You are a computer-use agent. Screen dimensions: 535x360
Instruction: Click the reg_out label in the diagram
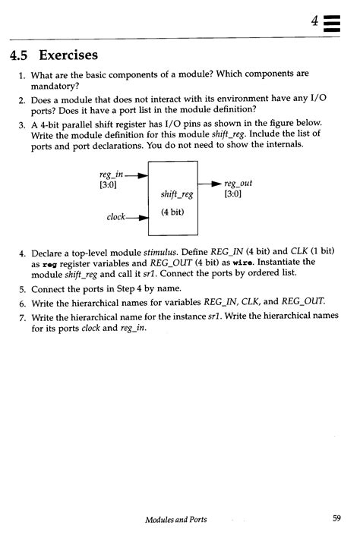tap(238, 184)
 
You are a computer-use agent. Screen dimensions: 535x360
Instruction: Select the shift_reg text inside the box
tap(177, 194)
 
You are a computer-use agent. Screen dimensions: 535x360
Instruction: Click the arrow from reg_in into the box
tap(139, 175)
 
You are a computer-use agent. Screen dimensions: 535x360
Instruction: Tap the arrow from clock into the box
tap(139, 218)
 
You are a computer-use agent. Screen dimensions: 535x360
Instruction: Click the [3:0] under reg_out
tap(232, 194)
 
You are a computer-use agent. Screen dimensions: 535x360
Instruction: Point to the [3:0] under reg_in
tap(109, 185)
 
